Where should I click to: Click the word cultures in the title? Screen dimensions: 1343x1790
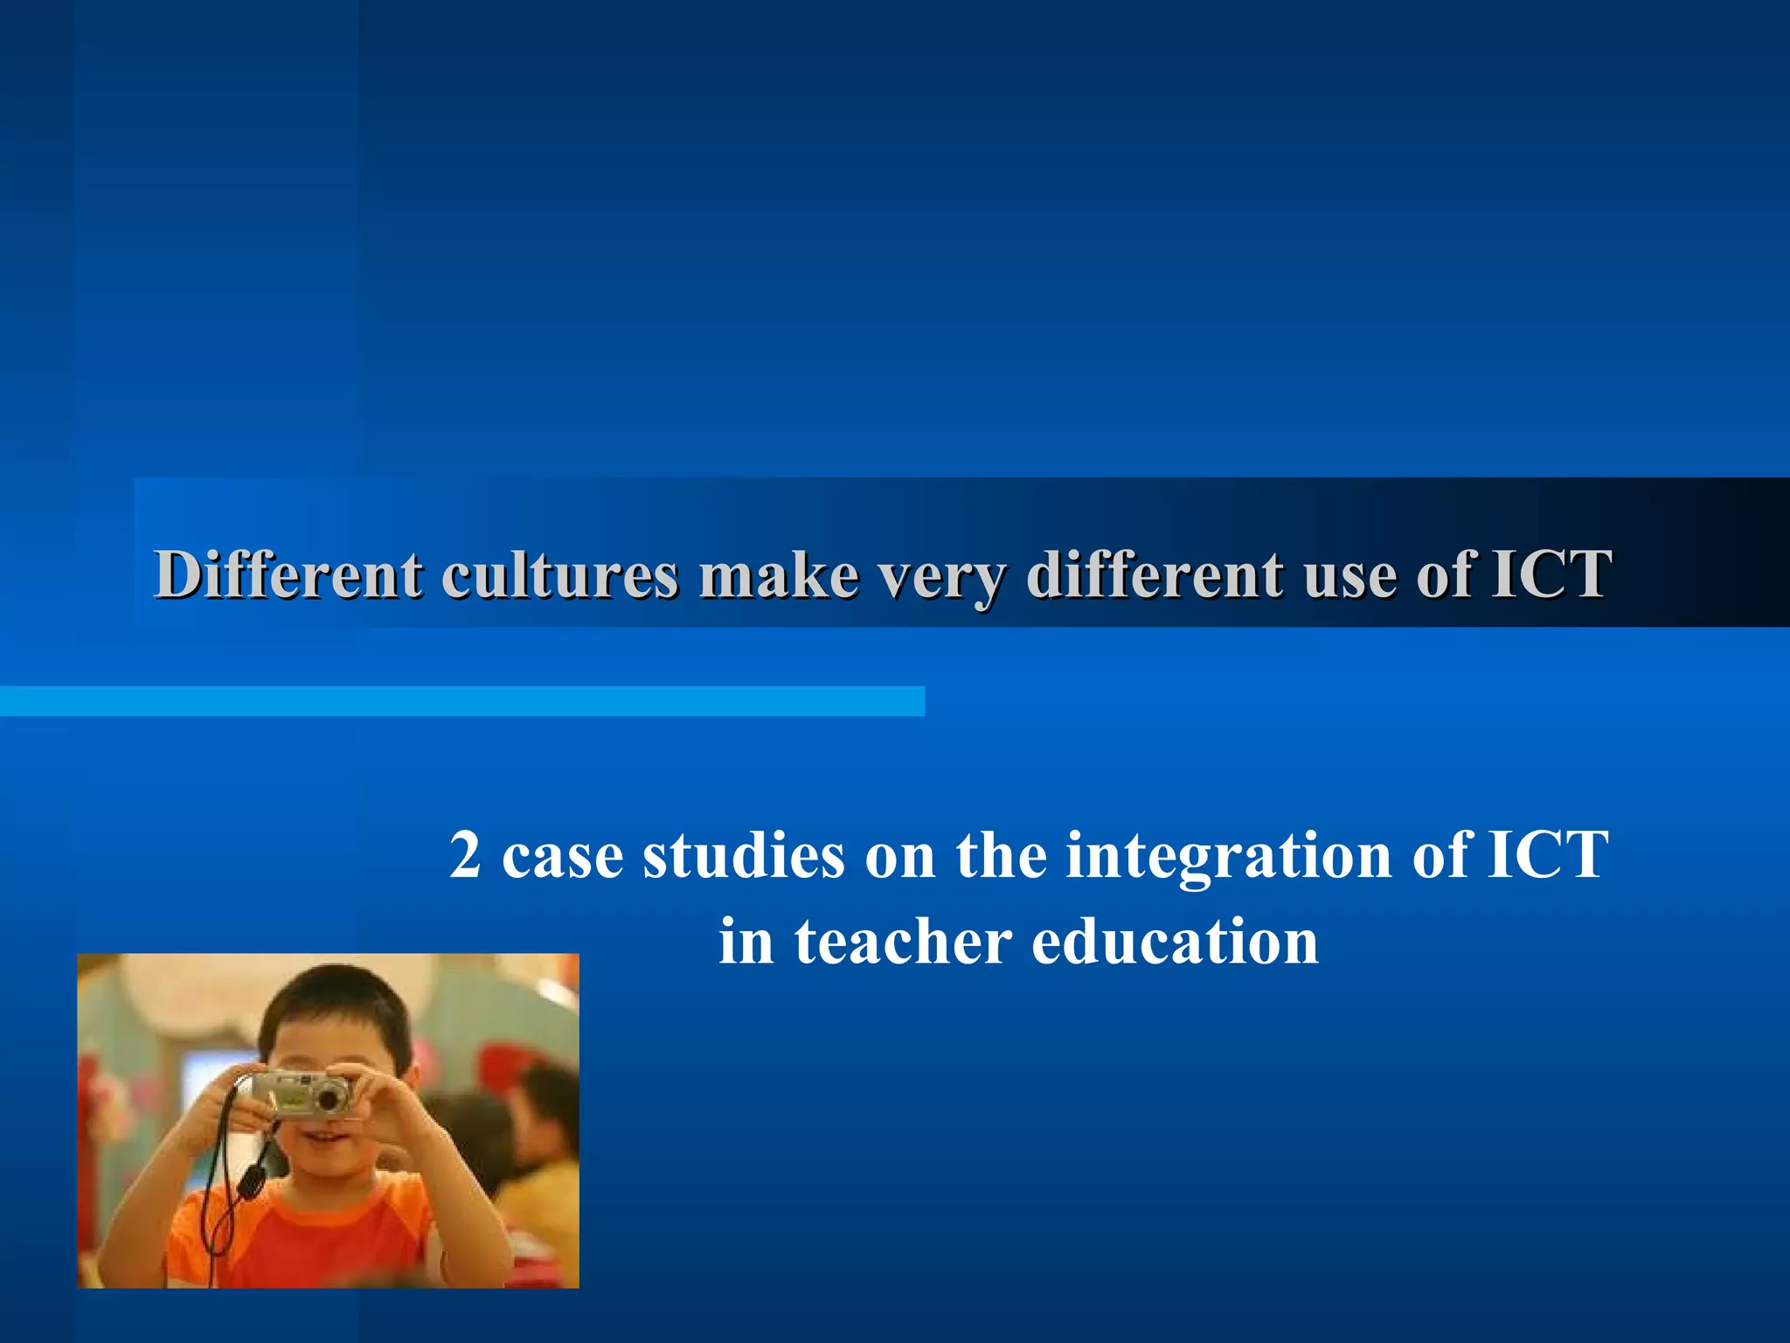(559, 574)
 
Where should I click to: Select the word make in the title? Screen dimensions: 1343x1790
(778, 574)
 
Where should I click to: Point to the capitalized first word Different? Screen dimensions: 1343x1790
(288, 574)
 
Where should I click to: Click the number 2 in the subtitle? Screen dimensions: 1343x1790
(465, 854)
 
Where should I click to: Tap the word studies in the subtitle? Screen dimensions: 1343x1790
(744, 854)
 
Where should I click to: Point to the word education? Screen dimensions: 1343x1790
(1175, 942)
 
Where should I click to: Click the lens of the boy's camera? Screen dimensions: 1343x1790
(329, 1096)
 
